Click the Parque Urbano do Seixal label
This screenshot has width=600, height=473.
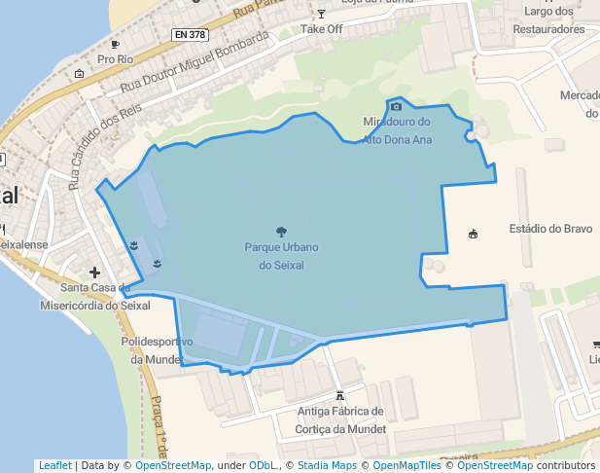pos(281,256)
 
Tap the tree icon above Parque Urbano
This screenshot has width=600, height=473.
pos(281,232)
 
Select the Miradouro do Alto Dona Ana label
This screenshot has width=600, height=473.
pos(396,130)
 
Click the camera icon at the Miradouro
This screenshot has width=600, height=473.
pos(396,106)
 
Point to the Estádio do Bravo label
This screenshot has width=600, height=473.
pos(550,229)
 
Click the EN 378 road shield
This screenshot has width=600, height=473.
pos(190,35)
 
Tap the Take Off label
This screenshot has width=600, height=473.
pos(321,29)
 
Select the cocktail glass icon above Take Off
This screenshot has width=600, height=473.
pos(321,13)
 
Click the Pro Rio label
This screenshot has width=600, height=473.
pos(115,59)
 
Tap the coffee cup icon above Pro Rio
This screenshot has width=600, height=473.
pos(115,44)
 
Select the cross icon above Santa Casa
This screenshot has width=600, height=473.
pos(94,273)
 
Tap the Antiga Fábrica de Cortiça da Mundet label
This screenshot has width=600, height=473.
pos(340,419)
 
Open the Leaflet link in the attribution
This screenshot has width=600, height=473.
pos(54,465)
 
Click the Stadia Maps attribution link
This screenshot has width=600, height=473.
pos(327,465)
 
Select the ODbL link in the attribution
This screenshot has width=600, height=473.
pos(263,465)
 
